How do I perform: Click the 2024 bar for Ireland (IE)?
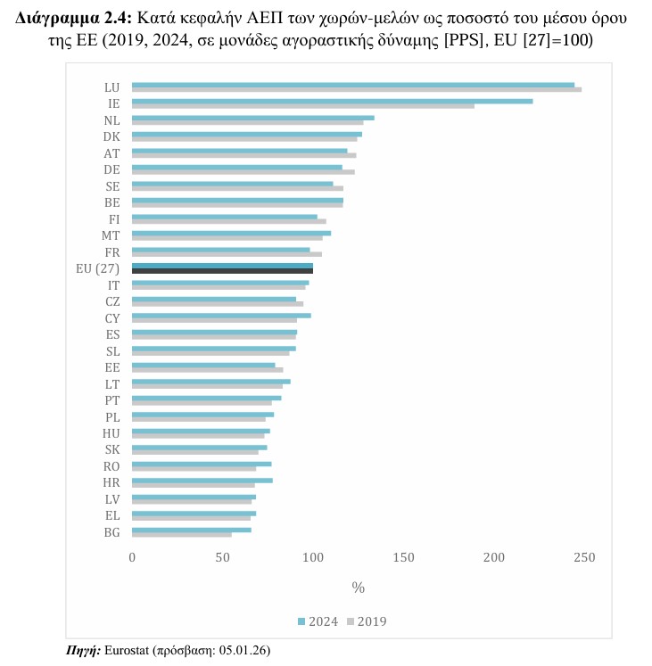[332, 101]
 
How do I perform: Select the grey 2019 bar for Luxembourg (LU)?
[357, 89]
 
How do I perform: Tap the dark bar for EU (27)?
[222, 270]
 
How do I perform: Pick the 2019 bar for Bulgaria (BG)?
[182, 534]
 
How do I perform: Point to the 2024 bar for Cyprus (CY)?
[221, 315]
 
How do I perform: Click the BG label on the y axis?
[112, 532]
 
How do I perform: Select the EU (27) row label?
[98, 268]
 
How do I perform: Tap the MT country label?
[111, 235]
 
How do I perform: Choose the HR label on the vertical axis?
[111, 482]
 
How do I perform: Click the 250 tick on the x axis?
[584, 557]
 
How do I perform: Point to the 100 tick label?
[313, 557]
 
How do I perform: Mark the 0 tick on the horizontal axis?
[132, 557]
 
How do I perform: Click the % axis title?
[358, 588]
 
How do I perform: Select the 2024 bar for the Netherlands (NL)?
[253, 118]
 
